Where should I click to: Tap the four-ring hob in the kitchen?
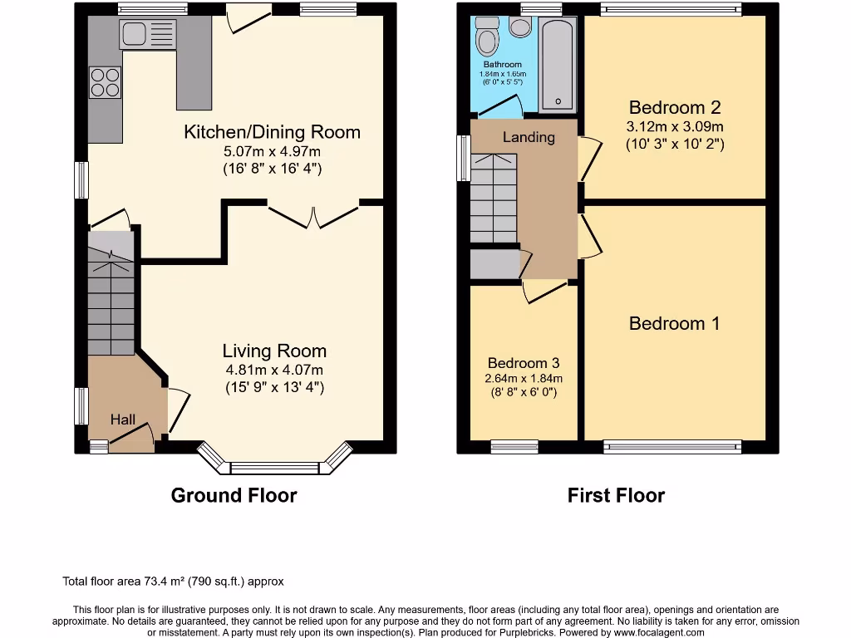105,82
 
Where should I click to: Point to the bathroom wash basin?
521,27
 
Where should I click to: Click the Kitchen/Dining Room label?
272,132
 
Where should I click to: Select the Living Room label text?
274,351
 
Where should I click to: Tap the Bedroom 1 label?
674,324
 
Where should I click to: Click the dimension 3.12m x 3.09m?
674,127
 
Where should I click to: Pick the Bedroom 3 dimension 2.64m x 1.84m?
524,378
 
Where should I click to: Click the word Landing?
529,137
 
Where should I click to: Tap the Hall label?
123,420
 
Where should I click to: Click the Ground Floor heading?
234,496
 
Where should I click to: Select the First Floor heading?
616,496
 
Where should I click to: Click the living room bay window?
274,465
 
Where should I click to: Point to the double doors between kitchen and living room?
312,214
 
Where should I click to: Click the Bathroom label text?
503,65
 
